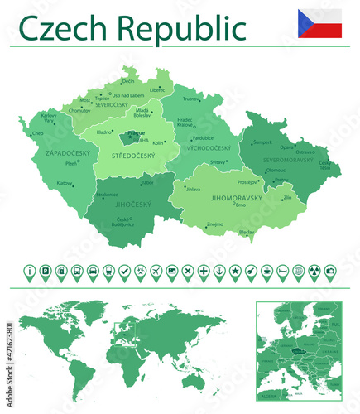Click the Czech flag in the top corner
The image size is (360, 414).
[319, 23]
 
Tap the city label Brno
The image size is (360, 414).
[242, 205]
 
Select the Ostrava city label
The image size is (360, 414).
[305, 152]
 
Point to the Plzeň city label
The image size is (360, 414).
[71, 164]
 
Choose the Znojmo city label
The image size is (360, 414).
[214, 224]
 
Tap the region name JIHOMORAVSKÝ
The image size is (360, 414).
[237, 198]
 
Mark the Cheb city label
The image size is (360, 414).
[38, 132]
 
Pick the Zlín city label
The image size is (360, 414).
[287, 198]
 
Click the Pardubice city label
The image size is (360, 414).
[203, 137]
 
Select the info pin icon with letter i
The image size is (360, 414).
[31, 271]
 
